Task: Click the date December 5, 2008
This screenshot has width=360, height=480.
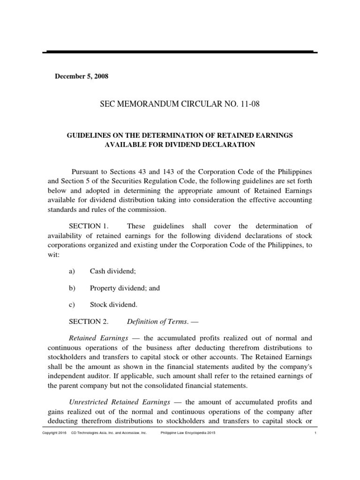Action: click(x=82, y=76)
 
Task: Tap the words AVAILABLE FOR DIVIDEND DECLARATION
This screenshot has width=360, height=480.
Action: click(x=180, y=145)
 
